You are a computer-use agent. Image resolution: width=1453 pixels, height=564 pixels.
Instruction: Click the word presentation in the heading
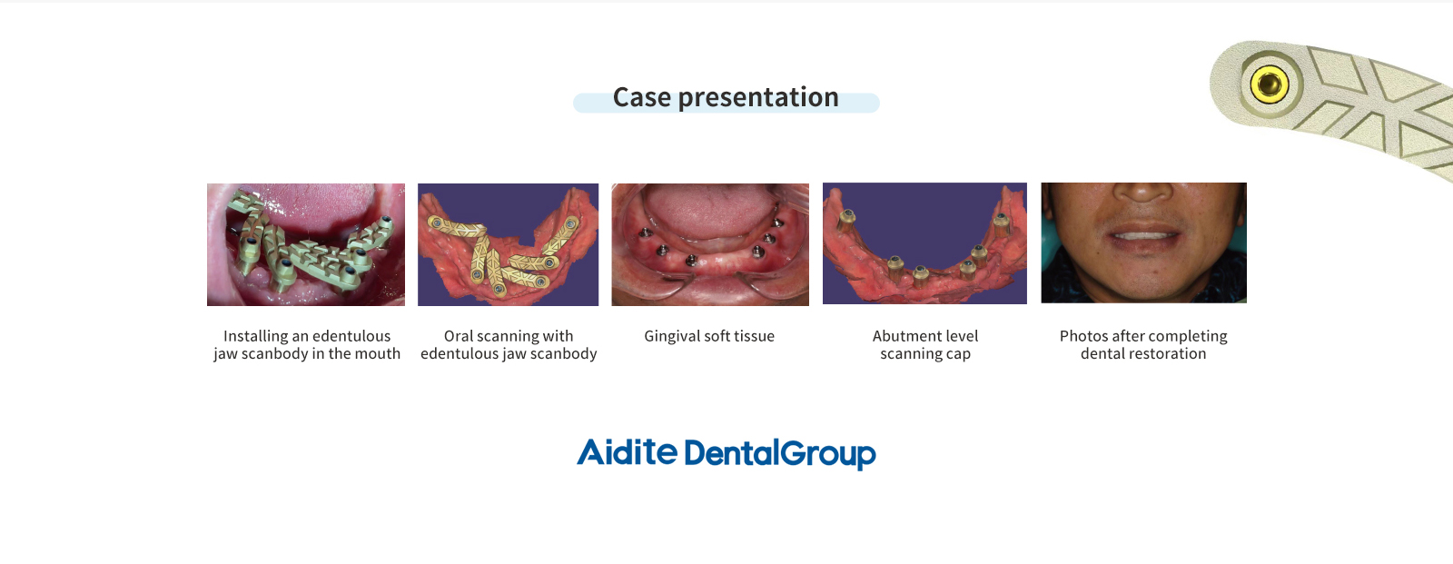pos(758,98)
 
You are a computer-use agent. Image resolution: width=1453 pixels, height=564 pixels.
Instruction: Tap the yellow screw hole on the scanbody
pos(1269,84)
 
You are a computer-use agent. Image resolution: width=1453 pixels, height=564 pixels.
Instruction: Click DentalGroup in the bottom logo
pos(780,454)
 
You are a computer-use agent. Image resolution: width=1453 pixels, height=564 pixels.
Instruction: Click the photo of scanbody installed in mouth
pos(305,244)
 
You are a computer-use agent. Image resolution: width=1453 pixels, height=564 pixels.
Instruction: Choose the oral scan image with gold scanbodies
pos(508,244)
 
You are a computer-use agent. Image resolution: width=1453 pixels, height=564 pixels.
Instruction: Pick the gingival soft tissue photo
pos(710,244)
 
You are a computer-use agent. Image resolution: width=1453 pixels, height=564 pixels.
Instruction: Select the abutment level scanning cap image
pos(924,243)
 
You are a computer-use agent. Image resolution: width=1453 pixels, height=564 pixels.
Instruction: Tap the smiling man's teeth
pos(1143,235)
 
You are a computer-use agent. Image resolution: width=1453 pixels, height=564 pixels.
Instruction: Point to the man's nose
pos(1143,190)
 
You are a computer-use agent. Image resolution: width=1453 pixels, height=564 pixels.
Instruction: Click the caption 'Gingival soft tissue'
pos(709,336)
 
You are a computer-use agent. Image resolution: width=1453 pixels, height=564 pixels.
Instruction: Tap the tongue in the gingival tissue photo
pos(709,209)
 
